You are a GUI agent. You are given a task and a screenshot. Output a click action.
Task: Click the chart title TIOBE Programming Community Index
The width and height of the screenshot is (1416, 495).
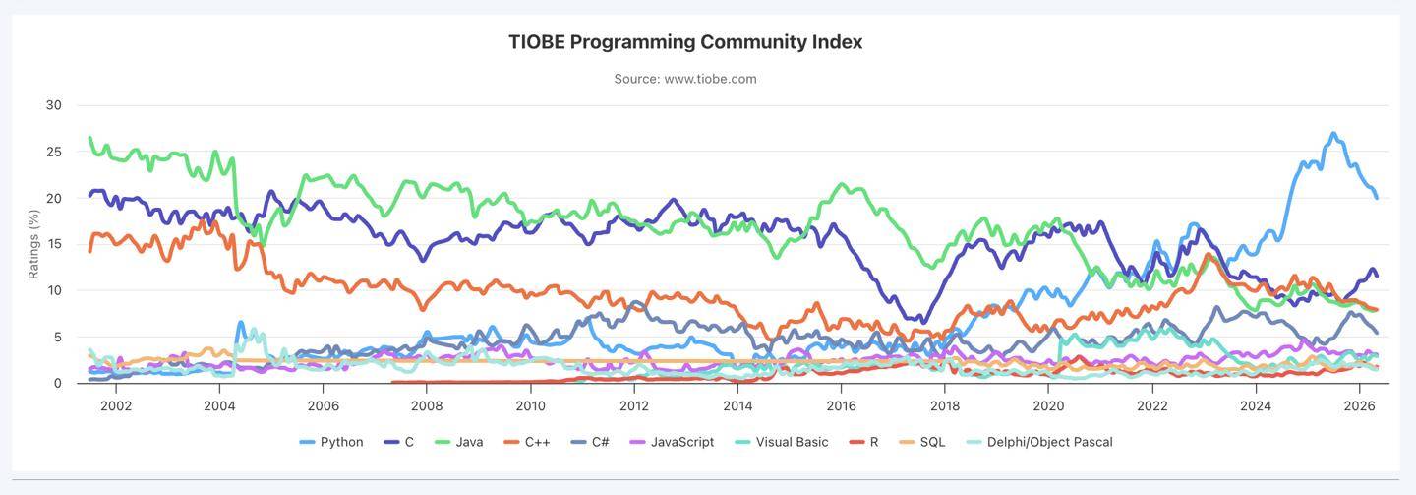686,42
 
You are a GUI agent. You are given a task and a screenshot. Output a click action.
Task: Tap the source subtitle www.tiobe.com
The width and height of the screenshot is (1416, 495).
685,79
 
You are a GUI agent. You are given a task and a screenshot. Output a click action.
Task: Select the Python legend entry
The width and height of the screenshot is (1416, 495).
331,442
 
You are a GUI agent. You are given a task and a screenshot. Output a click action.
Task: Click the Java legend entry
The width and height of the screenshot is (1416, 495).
459,442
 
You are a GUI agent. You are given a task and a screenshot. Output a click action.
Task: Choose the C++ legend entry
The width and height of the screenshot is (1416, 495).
527,442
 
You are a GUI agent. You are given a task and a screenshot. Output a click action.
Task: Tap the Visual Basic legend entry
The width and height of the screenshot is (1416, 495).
782,442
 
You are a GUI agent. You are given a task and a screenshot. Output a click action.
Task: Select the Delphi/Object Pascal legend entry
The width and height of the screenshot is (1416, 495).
1039,442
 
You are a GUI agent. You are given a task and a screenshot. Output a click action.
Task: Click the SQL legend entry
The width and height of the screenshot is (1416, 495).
922,442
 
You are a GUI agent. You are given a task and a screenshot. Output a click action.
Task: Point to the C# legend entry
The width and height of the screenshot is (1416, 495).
590,442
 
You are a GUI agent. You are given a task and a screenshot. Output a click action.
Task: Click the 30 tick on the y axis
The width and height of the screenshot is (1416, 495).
54,105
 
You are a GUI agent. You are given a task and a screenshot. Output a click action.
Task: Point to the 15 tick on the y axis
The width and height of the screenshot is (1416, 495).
54,244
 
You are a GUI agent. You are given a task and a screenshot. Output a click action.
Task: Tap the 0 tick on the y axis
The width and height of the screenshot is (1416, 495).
57,383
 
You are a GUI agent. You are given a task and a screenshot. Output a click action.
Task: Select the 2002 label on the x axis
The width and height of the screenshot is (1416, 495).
116,405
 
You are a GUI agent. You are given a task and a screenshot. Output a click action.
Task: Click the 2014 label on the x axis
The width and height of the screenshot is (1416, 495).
737,405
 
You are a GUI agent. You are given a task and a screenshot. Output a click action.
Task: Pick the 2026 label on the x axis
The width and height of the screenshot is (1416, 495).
1359,405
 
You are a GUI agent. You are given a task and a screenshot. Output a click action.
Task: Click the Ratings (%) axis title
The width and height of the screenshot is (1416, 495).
33,244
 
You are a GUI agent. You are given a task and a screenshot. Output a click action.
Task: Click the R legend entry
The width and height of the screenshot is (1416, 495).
863,442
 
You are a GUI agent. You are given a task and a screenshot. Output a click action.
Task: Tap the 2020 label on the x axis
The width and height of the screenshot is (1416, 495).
1048,405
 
